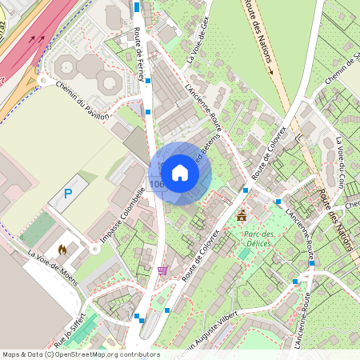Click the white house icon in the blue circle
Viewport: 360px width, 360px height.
coord(179,173)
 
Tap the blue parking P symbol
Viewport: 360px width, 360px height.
coord(67,194)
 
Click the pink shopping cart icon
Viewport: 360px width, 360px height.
coord(163,270)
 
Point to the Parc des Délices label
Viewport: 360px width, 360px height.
coord(258,238)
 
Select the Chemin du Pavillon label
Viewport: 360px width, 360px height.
coord(82,102)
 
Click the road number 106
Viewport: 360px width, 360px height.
coord(157,185)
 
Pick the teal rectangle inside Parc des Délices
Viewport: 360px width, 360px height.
coord(244,253)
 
